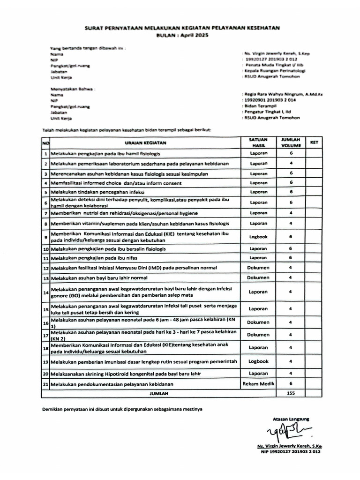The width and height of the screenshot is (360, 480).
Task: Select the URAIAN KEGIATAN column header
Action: pyautogui.click(x=146, y=142)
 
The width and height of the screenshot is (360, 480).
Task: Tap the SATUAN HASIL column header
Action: pyautogui.click(x=258, y=142)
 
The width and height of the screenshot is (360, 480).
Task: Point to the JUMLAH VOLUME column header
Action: pyautogui.click(x=291, y=142)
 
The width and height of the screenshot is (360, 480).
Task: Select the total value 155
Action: pyautogui.click(x=291, y=393)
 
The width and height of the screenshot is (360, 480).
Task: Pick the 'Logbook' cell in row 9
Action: pyautogui.click(x=258, y=237)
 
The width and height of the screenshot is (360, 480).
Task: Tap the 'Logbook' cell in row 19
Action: pyautogui.click(x=258, y=361)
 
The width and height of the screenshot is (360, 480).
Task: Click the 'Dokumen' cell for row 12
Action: pyautogui.click(x=258, y=268)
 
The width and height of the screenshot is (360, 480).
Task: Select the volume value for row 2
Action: pyautogui.click(x=291, y=163)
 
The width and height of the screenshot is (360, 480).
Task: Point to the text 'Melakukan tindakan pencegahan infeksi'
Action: pyautogui.click(x=100, y=192)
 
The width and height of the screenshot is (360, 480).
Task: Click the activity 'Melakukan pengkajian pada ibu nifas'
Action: pyautogui.click(x=97, y=258)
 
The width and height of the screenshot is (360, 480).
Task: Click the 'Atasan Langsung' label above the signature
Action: pyautogui.click(x=291, y=419)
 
